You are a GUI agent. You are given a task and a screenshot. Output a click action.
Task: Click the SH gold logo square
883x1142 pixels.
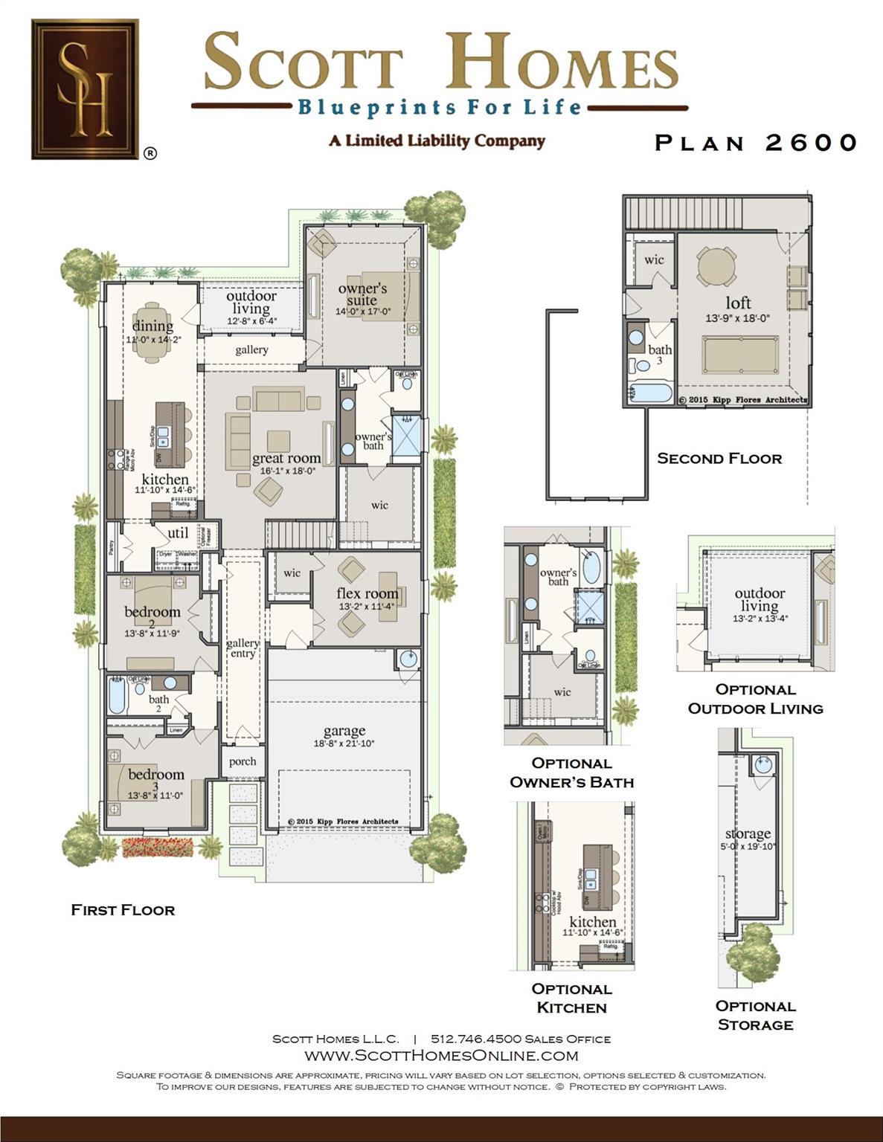(x=85, y=89)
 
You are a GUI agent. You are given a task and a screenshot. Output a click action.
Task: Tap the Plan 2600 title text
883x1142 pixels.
(x=756, y=143)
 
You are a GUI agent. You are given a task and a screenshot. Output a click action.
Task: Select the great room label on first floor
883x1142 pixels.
(x=286, y=459)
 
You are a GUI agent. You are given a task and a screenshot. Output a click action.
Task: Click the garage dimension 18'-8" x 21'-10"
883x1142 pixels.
(x=344, y=743)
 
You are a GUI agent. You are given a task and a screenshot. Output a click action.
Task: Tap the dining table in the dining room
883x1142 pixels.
(x=152, y=332)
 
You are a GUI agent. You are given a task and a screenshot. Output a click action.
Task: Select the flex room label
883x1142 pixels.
(x=367, y=593)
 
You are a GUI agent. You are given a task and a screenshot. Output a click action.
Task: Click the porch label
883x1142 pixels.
(x=243, y=761)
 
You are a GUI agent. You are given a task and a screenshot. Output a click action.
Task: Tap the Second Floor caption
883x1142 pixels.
(x=719, y=459)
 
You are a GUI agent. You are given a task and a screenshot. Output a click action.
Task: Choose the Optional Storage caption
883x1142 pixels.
(x=755, y=1015)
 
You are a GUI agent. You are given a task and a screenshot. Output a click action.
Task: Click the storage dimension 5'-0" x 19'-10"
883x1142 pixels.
(x=748, y=846)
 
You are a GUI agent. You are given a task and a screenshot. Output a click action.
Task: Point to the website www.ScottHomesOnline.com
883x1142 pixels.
(x=441, y=1056)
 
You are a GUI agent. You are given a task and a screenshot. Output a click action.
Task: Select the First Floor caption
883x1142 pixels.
(x=123, y=910)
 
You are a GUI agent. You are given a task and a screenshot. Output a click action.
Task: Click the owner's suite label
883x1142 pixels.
(x=362, y=294)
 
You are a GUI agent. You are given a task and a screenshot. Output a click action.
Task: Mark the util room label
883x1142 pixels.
(x=178, y=533)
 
